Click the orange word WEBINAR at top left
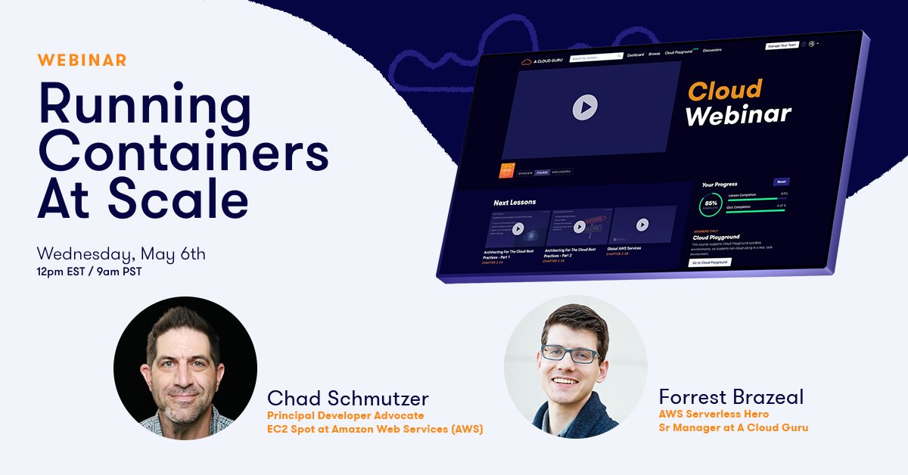click(x=82, y=60)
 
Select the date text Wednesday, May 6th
click(x=121, y=253)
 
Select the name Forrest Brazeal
click(x=731, y=397)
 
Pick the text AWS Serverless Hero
click(x=714, y=414)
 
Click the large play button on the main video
click(x=585, y=107)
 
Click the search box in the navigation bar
click(x=595, y=57)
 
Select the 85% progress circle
click(x=711, y=204)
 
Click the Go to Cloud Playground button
click(x=710, y=262)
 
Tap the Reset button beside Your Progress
click(x=781, y=182)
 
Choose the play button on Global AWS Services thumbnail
click(x=642, y=225)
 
